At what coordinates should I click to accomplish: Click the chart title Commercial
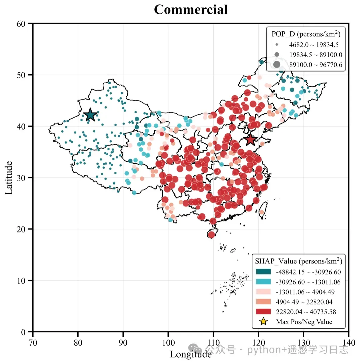click(191, 10)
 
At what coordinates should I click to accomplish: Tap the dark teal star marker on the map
click(90, 115)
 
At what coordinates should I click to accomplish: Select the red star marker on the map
click(250, 140)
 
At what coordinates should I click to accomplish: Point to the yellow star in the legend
click(263, 321)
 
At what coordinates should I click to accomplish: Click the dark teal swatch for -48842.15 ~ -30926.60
click(263, 272)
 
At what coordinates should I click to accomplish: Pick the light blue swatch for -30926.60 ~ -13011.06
click(263, 282)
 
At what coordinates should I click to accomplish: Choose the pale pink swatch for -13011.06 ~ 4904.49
click(263, 292)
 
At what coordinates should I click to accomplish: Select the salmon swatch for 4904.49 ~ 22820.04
click(263, 301)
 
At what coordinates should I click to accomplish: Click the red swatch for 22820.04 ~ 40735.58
click(263, 311)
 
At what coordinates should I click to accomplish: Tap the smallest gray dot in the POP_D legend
click(277, 45)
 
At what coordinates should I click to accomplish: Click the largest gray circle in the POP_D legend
click(277, 65)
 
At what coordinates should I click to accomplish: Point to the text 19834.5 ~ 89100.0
click(316, 55)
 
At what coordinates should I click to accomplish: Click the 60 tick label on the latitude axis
click(21, 24)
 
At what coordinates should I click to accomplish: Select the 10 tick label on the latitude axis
click(21, 281)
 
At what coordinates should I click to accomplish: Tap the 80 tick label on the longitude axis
click(78, 343)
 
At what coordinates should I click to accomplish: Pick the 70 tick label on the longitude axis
click(33, 343)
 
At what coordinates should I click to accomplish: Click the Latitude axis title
click(9, 178)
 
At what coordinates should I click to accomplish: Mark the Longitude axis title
click(191, 354)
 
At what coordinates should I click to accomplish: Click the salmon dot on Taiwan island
click(261, 212)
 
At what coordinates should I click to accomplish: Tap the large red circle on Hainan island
click(211, 235)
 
